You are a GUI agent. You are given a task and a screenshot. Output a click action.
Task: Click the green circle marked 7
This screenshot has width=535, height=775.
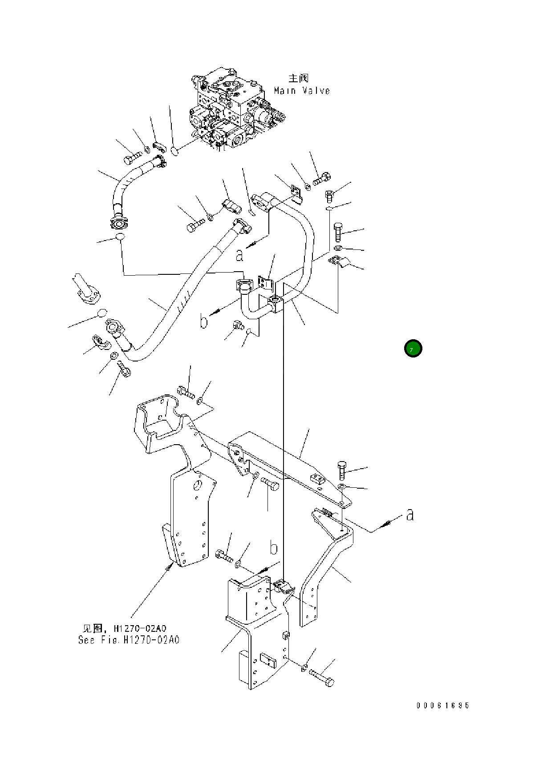tap(413, 349)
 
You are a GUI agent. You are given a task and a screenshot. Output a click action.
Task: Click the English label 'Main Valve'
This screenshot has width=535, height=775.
tap(302, 91)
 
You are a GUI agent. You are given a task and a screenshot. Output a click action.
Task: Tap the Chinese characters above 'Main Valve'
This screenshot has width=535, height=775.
tap(298, 79)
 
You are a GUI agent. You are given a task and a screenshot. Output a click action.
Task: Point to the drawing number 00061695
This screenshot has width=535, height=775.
tap(443, 706)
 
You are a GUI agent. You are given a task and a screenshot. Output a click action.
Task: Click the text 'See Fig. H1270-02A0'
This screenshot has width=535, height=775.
tap(129, 640)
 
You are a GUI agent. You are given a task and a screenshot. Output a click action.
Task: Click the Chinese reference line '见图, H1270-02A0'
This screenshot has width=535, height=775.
tap(125, 628)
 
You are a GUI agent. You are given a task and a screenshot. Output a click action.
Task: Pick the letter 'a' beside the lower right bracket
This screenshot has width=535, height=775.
tap(410, 515)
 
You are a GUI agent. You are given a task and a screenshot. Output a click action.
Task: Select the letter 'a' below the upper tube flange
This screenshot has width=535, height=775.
tap(239, 255)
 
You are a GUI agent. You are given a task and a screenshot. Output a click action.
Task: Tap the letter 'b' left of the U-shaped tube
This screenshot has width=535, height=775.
tap(203, 321)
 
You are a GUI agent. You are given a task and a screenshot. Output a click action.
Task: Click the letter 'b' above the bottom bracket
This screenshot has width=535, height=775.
tap(274, 548)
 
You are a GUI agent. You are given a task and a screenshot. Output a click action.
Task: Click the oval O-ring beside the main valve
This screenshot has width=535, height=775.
tap(175, 152)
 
